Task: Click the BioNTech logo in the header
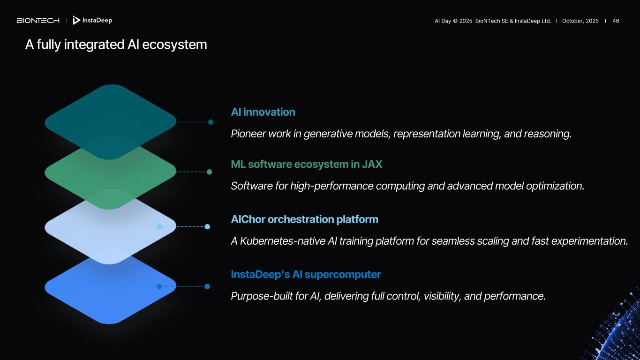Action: pos(38,21)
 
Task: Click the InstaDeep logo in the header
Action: pos(92,20)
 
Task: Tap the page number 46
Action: pos(616,21)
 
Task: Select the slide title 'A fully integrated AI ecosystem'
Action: pos(116,45)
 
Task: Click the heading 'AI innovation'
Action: pos(263,112)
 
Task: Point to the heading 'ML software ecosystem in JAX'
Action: pos(306,164)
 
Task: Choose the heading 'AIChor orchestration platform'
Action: pos(304,219)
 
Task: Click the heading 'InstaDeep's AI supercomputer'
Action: pos(305,274)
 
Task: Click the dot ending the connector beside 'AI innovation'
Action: pos(211,122)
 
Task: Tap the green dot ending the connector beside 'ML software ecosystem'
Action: pos(209,172)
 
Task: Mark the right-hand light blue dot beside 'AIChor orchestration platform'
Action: pos(207,227)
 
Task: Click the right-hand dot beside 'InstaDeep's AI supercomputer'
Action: pos(207,286)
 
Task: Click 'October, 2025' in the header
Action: pos(580,21)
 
